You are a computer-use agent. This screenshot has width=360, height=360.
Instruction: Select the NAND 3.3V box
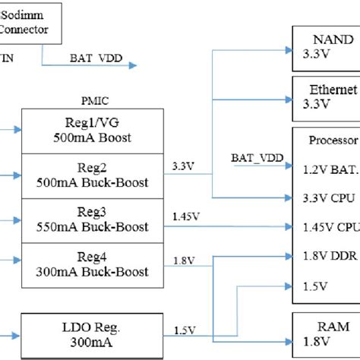(326, 46)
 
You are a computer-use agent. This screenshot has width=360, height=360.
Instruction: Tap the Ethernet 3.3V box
(327, 96)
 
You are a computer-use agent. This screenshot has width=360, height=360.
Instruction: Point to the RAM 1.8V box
(326, 333)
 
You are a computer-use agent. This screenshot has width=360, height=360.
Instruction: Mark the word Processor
(333, 141)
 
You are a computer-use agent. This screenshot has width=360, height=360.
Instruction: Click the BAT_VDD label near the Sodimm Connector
(96, 57)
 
